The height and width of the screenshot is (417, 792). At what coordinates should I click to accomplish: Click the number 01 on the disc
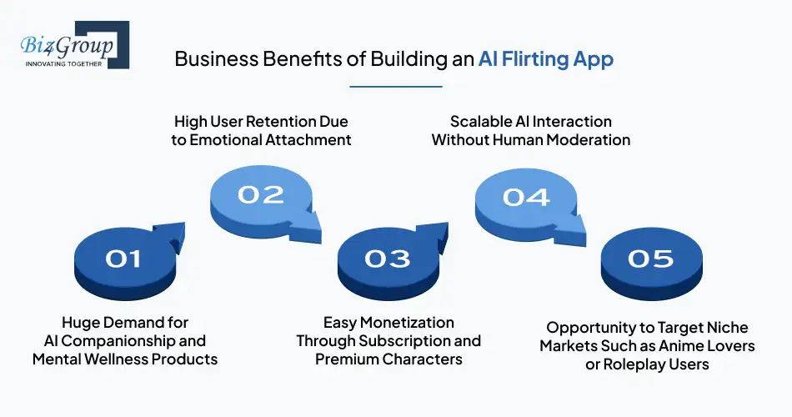point(123,259)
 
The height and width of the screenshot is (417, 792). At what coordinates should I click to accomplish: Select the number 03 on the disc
point(388,259)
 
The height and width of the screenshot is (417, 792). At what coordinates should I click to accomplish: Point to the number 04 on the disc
point(526,196)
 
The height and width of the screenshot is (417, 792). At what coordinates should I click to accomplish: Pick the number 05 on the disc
point(650,259)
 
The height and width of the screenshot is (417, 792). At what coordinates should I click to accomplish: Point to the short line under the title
point(395,85)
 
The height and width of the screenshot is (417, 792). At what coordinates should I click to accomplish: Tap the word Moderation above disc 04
point(587,140)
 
